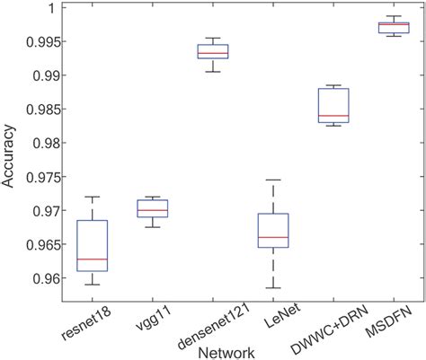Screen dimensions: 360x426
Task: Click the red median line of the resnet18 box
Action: point(93,259)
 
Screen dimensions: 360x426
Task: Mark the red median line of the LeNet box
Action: point(272,238)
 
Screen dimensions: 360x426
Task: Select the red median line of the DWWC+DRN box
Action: point(333,116)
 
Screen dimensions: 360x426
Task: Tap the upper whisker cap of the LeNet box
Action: point(272,180)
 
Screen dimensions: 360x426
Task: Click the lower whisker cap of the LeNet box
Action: point(272,288)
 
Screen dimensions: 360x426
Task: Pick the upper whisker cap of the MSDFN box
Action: point(393,16)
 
